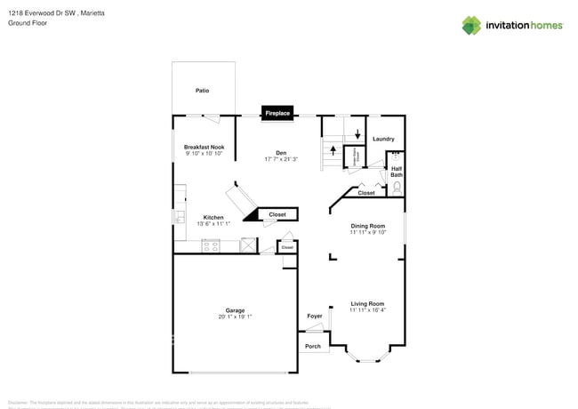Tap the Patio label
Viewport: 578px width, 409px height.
tap(202, 91)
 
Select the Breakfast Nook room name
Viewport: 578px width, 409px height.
tap(204, 147)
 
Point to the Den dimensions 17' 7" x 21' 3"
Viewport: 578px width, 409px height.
tap(281, 159)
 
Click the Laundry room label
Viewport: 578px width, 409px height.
tap(383, 139)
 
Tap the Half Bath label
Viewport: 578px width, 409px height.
tap(397, 172)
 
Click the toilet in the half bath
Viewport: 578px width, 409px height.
tap(397, 188)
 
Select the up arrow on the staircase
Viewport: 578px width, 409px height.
tap(333, 150)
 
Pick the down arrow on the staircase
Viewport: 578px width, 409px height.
tap(357, 134)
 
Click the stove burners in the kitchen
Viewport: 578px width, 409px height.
tap(211, 246)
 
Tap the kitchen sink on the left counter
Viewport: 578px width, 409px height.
tap(179, 216)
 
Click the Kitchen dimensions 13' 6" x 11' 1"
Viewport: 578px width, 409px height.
tap(213, 224)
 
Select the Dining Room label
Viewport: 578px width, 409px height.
tap(367, 226)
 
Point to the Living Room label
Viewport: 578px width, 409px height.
tap(367, 303)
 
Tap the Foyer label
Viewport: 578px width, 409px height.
tap(315, 316)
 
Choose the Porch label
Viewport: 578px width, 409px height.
tap(313, 346)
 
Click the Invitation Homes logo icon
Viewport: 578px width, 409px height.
tap(471, 25)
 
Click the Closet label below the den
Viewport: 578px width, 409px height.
tap(277, 214)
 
